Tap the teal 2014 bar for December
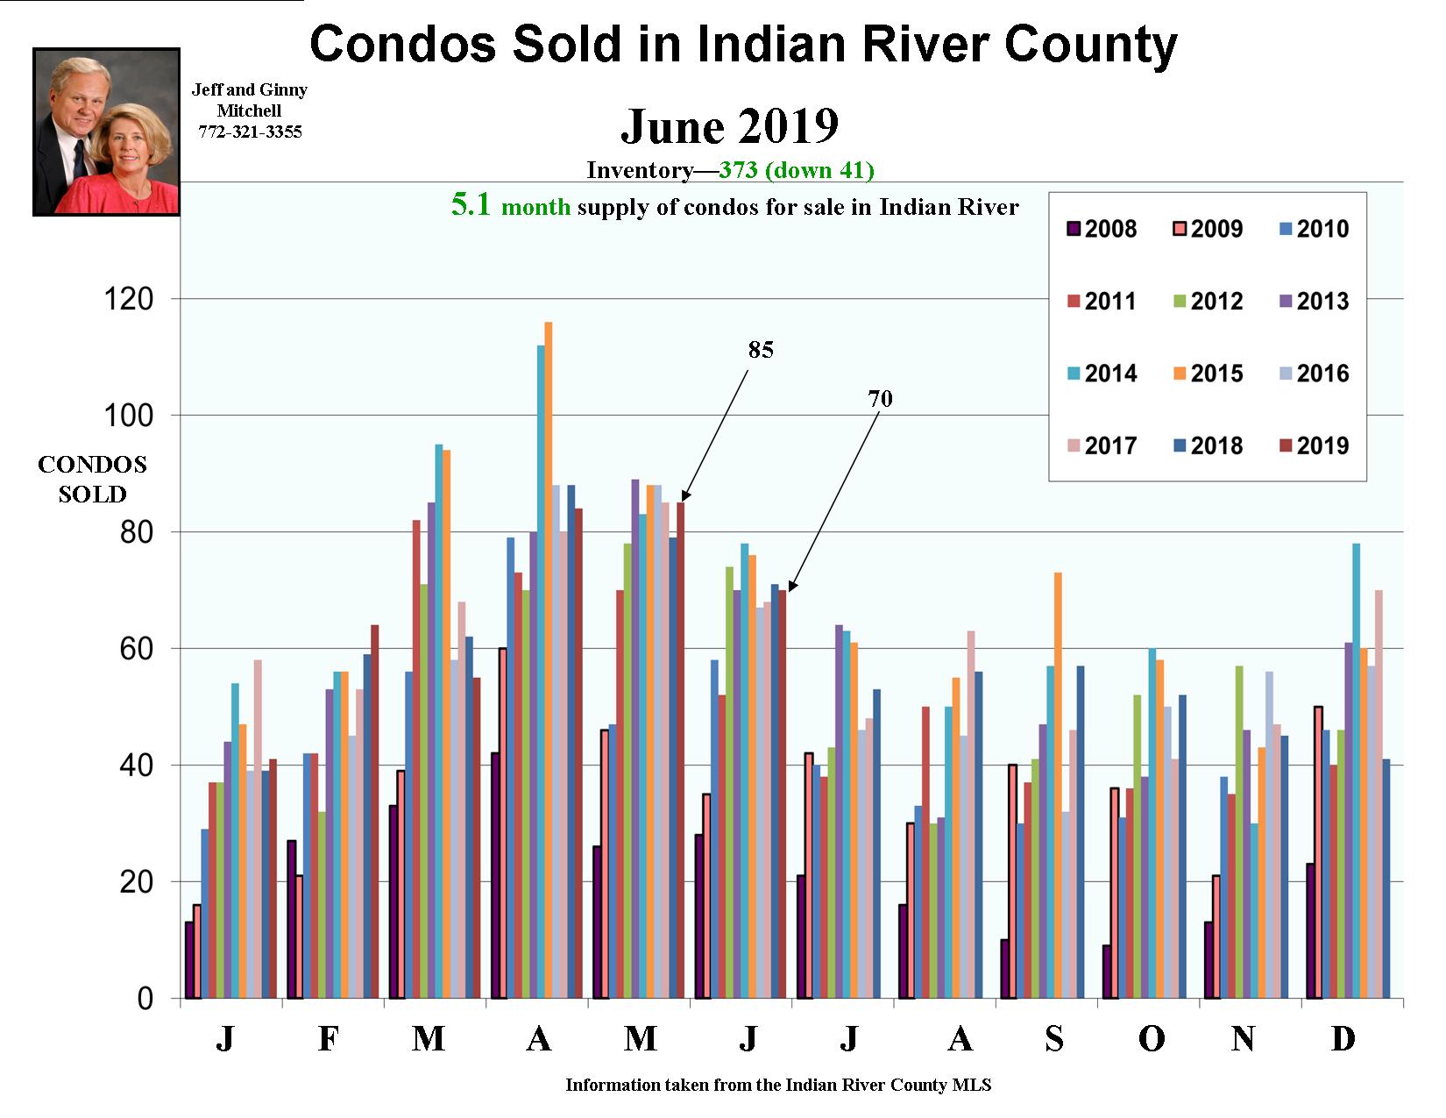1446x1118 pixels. [1356, 771]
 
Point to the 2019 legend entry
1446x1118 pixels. [1310, 445]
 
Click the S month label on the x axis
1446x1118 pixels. [1054, 1039]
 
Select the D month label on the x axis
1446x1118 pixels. [1343, 1039]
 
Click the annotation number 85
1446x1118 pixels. [761, 350]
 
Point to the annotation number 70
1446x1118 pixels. [880, 399]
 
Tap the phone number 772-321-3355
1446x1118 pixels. [250, 132]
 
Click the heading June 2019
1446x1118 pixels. [729, 126]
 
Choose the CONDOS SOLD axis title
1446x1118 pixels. [92, 480]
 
